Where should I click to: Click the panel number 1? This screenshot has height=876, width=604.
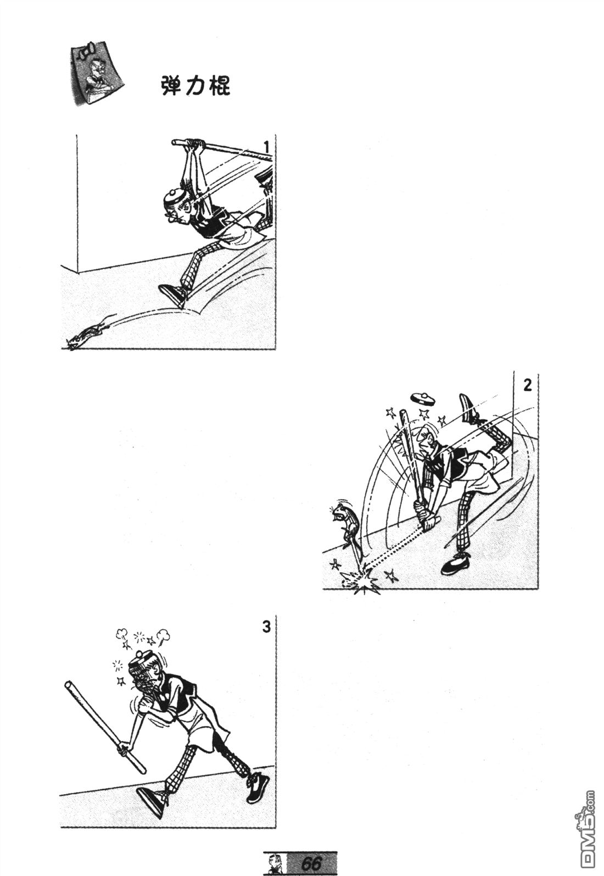coord(266,147)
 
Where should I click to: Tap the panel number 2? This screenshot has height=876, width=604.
coord(528,386)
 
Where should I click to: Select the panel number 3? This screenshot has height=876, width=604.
coord(266,627)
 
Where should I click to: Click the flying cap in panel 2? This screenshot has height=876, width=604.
coord(422,399)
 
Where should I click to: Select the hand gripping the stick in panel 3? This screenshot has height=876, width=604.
coord(124,749)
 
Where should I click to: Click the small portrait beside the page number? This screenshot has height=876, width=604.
coord(274,863)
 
